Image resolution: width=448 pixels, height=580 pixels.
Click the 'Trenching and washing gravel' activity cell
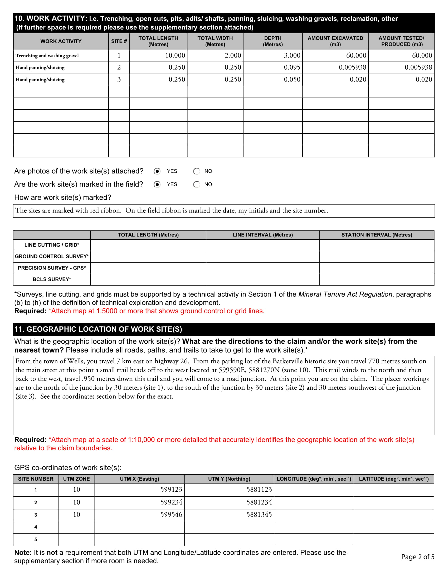(x=47, y=56)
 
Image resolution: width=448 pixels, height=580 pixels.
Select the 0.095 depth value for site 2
(x=292, y=67)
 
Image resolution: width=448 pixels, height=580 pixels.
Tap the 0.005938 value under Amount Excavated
(x=352, y=67)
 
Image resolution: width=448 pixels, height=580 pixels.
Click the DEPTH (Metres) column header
(x=272, y=41)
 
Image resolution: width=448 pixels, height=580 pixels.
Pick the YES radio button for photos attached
(x=157, y=171)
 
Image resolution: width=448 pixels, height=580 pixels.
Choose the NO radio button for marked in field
(x=196, y=184)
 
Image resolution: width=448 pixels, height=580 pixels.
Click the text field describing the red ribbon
(x=224, y=211)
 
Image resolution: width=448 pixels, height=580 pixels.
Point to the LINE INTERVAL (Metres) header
(x=262, y=235)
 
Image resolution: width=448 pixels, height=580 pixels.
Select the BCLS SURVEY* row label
(x=52, y=279)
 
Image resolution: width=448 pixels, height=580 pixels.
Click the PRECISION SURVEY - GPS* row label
(x=52, y=268)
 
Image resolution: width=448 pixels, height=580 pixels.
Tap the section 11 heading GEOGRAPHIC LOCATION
(x=98, y=329)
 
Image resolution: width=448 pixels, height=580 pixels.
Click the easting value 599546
(x=171, y=515)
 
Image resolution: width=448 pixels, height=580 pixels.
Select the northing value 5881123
(x=259, y=490)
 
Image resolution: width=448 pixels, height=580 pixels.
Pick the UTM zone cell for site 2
(x=76, y=502)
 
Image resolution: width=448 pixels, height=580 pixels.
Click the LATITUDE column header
(x=394, y=479)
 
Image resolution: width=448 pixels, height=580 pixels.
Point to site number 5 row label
(x=36, y=539)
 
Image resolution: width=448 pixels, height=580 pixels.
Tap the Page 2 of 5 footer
(x=417, y=557)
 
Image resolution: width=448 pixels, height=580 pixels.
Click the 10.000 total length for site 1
(x=175, y=56)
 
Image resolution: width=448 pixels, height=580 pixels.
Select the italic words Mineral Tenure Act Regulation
(x=345, y=294)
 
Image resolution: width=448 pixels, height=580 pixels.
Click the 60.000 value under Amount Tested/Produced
(x=422, y=56)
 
